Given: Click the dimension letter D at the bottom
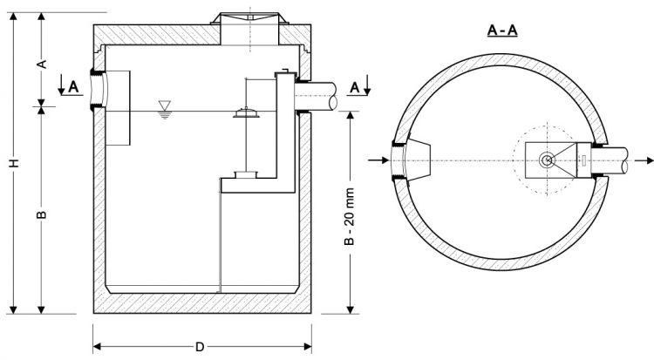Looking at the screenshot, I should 200,347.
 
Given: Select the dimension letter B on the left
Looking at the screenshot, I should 41,213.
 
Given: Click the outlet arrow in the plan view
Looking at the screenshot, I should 644,161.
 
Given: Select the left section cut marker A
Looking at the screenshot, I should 72,85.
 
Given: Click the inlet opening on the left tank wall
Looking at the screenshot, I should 98,91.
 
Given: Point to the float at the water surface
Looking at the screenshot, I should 247,112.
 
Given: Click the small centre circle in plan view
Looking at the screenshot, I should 547,160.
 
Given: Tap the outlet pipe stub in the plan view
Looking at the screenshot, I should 622,161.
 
